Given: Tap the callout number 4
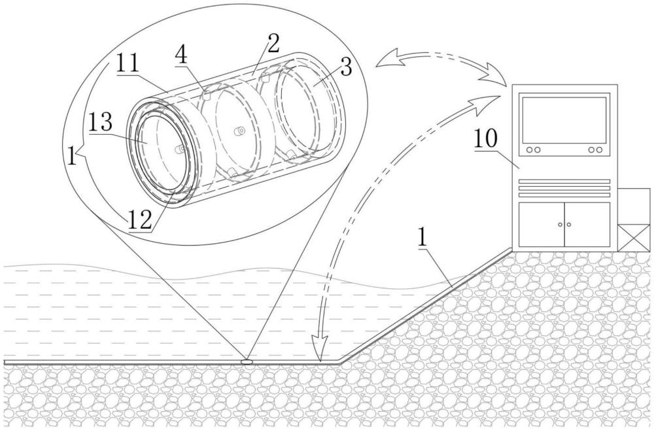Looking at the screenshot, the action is click(181, 54).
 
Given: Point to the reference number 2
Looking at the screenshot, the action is click(273, 42).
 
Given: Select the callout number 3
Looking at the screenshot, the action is click(346, 66).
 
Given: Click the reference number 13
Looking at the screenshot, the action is click(100, 122).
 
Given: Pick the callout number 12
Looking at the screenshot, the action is click(140, 220).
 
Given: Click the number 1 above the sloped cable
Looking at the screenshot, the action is click(422, 238).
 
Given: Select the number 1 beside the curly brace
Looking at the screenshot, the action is click(72, 157).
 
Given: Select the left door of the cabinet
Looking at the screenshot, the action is click(542, 224).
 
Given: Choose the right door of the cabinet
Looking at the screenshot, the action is click(587, 224).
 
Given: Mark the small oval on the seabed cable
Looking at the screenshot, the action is click(247, 361).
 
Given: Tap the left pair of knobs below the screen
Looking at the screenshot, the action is click(534, 150).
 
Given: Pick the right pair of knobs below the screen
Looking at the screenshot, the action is click(595, 150).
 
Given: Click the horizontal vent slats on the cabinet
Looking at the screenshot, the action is click(564, 188).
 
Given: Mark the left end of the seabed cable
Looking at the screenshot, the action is click(4, 362).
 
